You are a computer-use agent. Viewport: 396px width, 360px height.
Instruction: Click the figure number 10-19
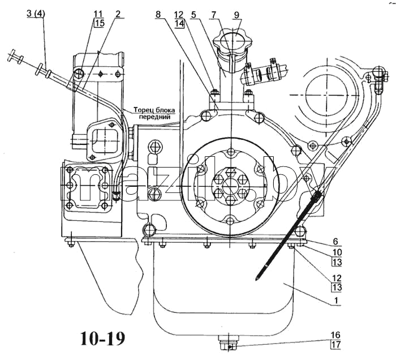coord(103,338)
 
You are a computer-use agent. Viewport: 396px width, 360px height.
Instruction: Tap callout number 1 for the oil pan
coord(336,301)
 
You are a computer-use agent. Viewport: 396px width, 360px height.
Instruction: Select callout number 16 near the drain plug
coord(336,335)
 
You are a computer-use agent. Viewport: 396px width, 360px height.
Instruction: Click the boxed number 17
coord(337,344)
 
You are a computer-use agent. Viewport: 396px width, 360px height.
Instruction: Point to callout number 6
coord(335,242)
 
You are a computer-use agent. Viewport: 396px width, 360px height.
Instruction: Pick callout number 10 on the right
coord(337,252)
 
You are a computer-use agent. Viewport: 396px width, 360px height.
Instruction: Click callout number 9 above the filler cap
coord(236,15)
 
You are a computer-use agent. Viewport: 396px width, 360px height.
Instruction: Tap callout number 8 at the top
coord(158,14)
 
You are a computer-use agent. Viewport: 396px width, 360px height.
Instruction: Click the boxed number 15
coord(99,23)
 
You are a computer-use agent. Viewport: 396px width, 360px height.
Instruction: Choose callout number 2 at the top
coord(118,14)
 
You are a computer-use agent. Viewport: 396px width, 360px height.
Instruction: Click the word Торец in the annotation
coord(143,110)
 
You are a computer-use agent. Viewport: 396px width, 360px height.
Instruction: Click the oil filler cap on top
coord(233,40)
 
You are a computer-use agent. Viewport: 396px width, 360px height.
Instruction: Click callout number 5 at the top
coord(193,14)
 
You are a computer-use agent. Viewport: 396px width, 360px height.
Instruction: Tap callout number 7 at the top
coord(214,14)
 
